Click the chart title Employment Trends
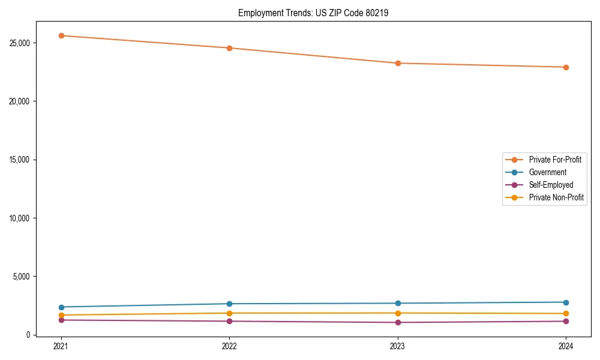[x=313, y=13]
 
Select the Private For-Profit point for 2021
[x=61, y=35]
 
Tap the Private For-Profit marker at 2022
[x=229, y=48]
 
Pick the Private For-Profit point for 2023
[x=398, y=63]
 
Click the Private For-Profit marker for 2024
[x=566, y=67]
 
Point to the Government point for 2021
[x=61, y=307]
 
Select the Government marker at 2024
[x=566, y=302]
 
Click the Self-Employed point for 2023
[x=398, y=322]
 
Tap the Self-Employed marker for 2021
[x=61, y=320]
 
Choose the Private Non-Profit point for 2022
[x=229, y=313]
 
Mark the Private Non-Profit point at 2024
[x=566, y=314]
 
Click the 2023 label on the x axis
[x=398, y=346]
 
